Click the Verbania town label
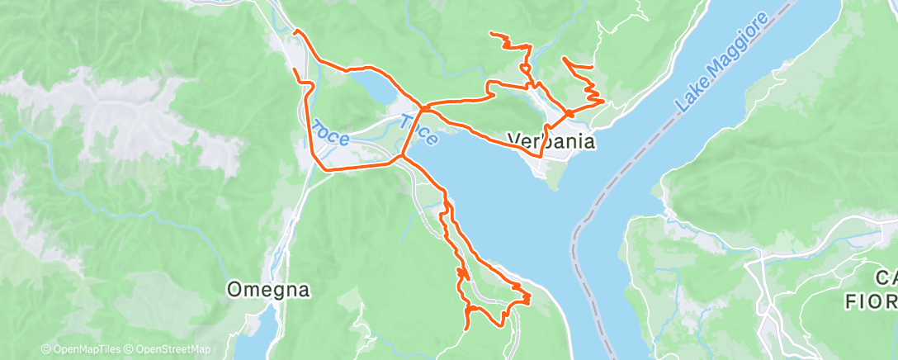(551, 141)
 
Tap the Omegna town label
(269, 290)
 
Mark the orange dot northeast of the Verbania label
(569, 113)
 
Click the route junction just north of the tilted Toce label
(422, 107)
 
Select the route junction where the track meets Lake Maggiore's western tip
(401, 155)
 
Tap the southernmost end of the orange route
(467, 328)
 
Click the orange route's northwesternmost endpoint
(295, 31)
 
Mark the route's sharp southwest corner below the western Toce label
(322, 169)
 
